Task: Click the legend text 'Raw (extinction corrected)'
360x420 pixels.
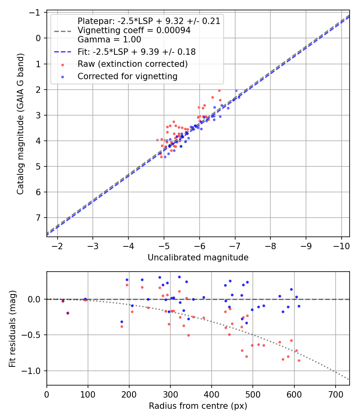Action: (x=132, y=64)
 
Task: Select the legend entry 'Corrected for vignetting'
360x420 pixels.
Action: (x=127, y=76)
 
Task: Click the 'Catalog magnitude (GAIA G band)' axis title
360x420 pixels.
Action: (x=20, y=124)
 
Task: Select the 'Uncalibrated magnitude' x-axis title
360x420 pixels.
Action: (x=198, y=258)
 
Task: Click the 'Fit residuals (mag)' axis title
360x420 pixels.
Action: (x=12, y=328)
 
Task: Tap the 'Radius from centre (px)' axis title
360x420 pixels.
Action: (x=198, y=406)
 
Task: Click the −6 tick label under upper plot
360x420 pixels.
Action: (x=199, y=245)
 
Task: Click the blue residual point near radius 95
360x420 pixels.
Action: (x=85, y=299)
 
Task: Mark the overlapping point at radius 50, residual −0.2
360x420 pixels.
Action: (x=68, y=313)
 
